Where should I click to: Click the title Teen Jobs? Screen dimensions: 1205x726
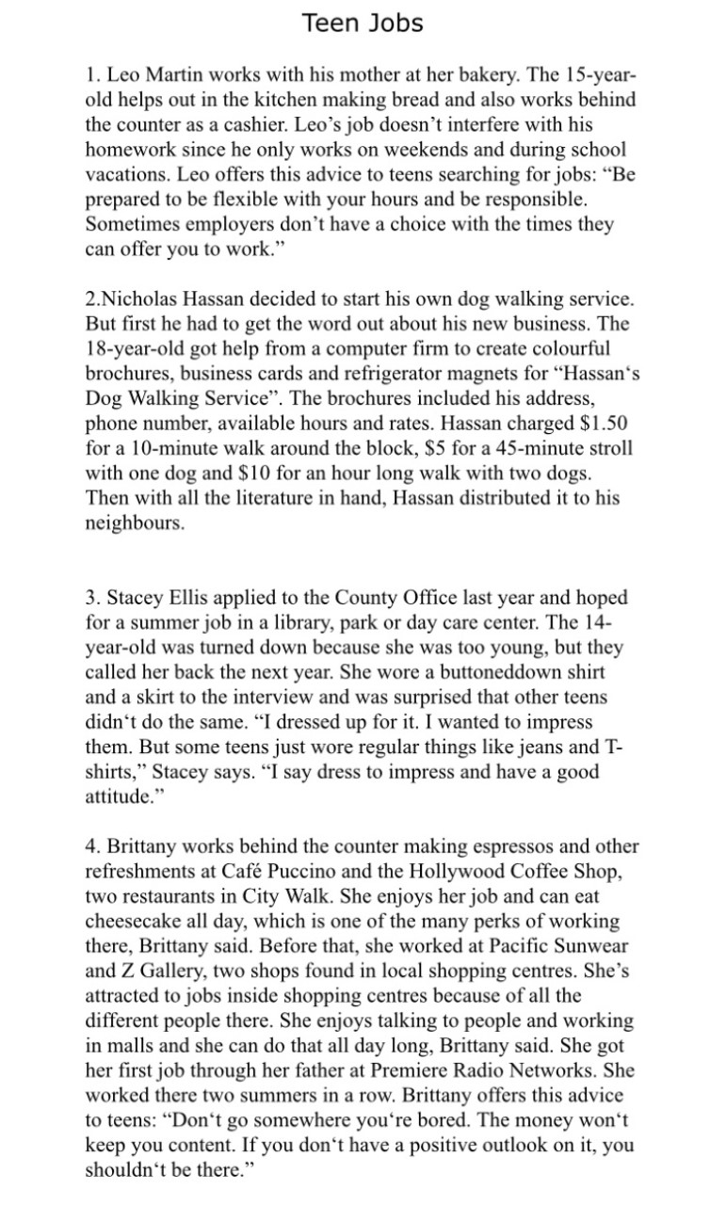click(x=363, y=23)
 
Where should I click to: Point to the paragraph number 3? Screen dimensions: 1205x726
click(x=91, y=598)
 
